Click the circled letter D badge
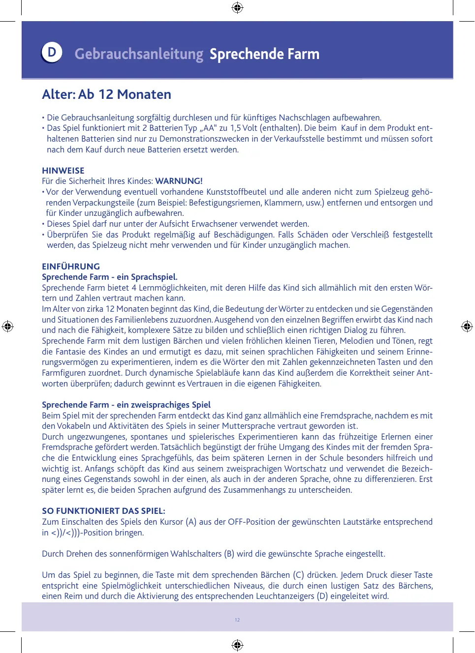point(52,53)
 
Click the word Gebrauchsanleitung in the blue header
point(139,54)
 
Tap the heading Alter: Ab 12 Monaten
point(107,94)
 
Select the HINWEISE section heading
point(63,171)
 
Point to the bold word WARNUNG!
point(179,181)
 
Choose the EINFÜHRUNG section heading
point(71,267)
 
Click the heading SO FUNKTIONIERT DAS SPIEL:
point(103,511)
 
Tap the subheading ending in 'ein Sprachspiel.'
point(110,277)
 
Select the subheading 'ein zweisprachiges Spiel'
point(126,405)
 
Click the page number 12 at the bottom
point(237,620)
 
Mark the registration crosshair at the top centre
point(237,7)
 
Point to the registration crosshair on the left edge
point(8,326)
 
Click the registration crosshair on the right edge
point(467,326)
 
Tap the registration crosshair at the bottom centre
point(237,645)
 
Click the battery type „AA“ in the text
point(208,128)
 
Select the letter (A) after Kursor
point(191,522)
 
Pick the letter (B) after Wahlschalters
point(229,554)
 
